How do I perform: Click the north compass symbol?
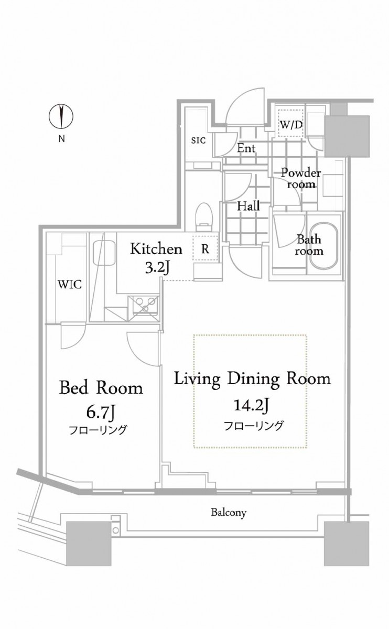tap(61, 116)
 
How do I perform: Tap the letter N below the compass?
tap(61, 139)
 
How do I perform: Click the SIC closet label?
tap(198, 140)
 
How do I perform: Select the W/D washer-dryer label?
tap(291, 125)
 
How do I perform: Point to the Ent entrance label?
tap(246, 148)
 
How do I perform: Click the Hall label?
tap(248, 207)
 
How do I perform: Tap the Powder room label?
tap(301, 179)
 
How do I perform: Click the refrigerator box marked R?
tap(206, 248)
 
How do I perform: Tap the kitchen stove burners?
tap(145, 305)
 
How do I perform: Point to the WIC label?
tap(70, 285)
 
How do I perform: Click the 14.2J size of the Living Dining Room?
tap(252, 406)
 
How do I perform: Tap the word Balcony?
tap(229, 513)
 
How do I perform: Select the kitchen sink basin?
tap(104, 253)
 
